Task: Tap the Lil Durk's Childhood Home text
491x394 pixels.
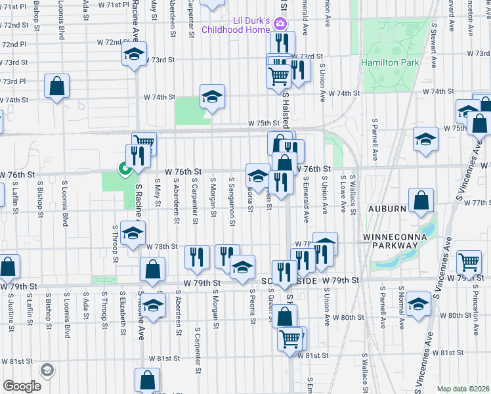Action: pyautogui.click(x=236, y=25)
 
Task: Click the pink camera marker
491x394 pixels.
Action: pyautogui.click(x=280, y=24)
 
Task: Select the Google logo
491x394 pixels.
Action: pyautogui.click(x=22, y=386)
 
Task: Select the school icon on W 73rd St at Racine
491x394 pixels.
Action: pyautogui.click(x=135, y=55)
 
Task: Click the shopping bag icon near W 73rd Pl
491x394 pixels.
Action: pyautogui.click(x=57, y=85)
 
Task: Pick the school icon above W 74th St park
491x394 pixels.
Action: pyautogui.click(x=212, y=96)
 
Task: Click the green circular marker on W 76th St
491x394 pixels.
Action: pyautogui.click(x=123, y=170)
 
